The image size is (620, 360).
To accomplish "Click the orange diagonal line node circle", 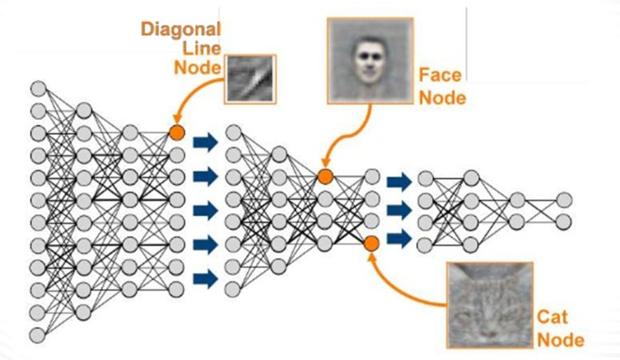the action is point(177,132).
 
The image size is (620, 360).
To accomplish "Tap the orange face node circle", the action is point(325,176).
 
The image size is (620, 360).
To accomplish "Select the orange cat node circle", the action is point(371,244).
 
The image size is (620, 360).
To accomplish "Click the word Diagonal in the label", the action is point(181,29).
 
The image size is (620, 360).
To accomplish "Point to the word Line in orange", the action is point(202,48).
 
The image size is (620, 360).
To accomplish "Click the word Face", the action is point(440,75).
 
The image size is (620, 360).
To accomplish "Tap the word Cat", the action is point(553,317).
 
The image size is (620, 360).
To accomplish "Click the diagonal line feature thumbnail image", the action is point(250,79).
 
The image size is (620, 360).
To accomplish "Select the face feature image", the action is point(370,61).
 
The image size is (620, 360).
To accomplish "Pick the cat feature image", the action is point(490,305).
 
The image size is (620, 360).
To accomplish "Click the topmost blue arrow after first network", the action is point(205,142).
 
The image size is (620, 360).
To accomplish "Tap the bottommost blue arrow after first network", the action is point(205,279).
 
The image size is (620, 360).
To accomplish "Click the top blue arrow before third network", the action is point(399,182).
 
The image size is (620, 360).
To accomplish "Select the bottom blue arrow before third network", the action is point(399,239).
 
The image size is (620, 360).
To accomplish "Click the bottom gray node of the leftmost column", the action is point(37,335).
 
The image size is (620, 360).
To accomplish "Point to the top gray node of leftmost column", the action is point(39,88).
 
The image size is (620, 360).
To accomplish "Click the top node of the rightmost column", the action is point(564,200).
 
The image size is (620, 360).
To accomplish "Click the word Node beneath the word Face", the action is point(443,98).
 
